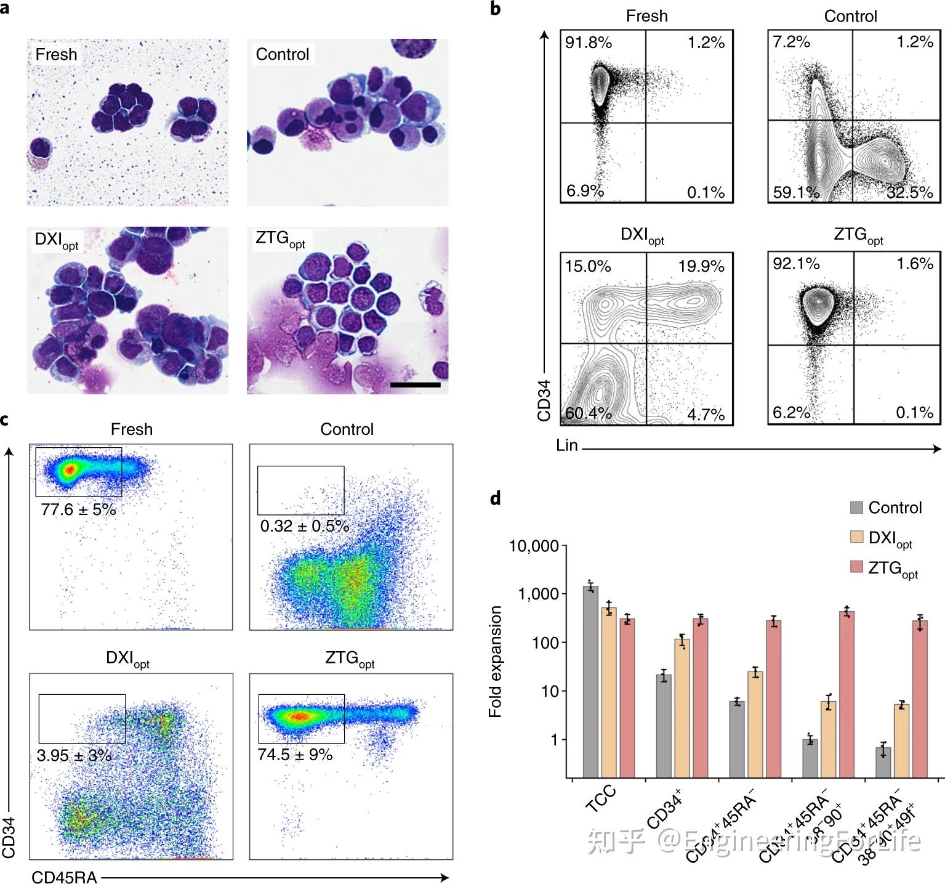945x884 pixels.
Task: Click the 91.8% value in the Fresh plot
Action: point(589,43)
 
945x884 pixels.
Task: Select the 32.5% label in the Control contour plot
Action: point(910,192)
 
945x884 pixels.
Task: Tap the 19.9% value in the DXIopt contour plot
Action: point(701,266)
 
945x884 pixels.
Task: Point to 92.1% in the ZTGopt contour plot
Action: point(796,264)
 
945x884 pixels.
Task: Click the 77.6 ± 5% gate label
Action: point(78,509)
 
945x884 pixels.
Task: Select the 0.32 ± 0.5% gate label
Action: point(304,526)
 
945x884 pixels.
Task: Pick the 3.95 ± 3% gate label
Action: point(74,755)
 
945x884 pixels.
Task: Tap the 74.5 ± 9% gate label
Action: point(295,755)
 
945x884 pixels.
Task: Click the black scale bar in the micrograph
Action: point(415,385)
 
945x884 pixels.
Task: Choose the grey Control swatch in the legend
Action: point(856,508)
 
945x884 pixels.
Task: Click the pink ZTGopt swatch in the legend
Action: point(856,567)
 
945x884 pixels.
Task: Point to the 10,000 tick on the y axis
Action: point(534,546)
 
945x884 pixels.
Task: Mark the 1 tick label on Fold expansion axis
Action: point(553,739)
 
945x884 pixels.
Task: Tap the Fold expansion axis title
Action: point(496,662)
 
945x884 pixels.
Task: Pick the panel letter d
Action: point(496,498)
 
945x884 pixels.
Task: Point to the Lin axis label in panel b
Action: point(566,445)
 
